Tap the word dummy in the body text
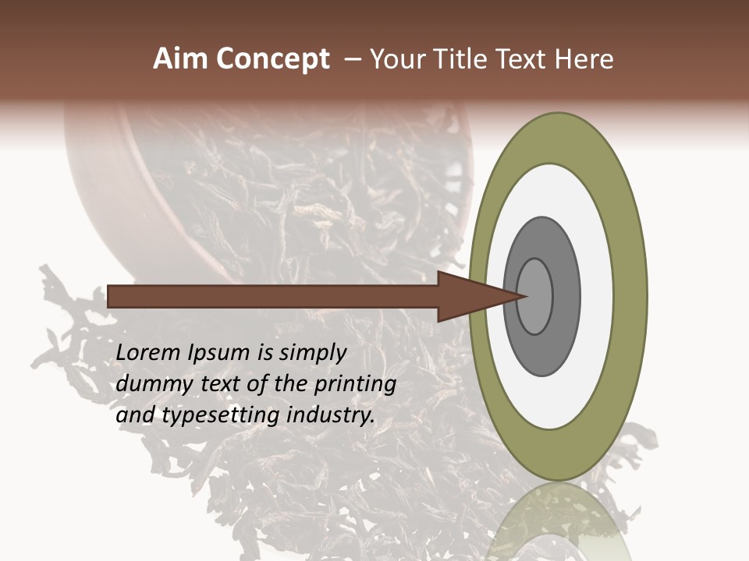(x=150, y=384)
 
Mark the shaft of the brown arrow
(x=273, y=296)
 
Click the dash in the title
(x=352, y=59)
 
